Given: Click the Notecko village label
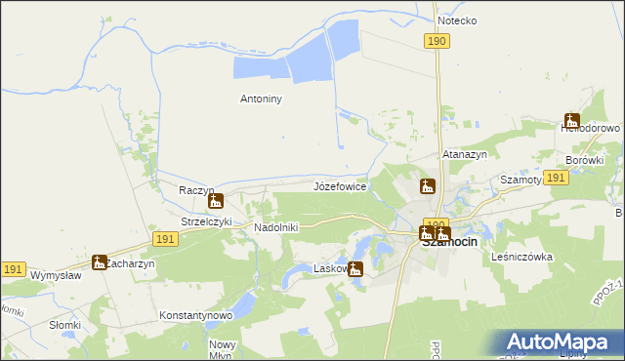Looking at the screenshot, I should (457, 20).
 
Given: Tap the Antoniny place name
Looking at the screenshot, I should (261, 99).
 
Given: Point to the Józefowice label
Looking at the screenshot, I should (339, 184).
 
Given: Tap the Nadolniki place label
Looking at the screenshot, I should (276, 227).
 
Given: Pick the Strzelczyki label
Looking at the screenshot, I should (206, 222).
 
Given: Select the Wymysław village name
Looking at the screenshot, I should (56, 275).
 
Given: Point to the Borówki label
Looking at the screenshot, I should (585, 160).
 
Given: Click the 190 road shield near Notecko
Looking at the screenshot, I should (437, 40).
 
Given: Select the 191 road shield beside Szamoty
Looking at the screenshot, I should (557, 177).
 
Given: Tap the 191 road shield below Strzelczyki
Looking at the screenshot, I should (165, 238).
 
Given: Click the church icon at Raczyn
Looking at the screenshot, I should (217, 202).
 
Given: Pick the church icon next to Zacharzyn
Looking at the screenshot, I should (99, 261).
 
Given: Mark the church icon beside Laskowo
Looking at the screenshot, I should (356, 270).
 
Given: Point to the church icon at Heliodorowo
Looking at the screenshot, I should (571, 121).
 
